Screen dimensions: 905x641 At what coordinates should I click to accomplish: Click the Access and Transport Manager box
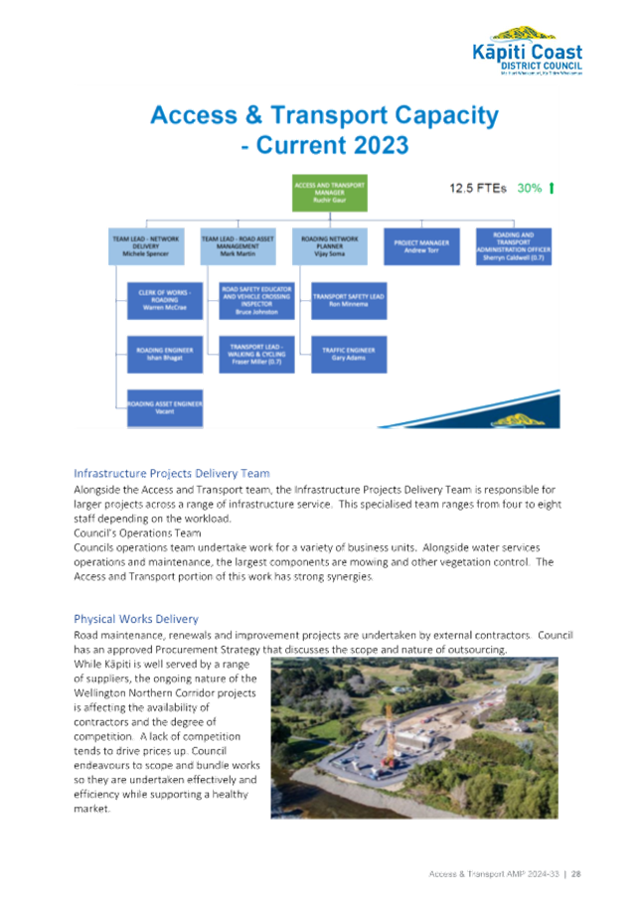tap(329, 193)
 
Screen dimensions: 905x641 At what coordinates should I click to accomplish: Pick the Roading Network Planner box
tap(329, 246)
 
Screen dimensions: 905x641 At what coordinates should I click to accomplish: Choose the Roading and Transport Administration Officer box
tap(509, 246)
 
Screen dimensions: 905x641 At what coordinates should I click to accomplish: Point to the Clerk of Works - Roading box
tap(165, 301)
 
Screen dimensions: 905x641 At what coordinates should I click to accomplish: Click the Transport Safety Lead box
tap(348, 301)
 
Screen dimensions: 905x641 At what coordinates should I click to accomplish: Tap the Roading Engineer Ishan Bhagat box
tap(165, 354)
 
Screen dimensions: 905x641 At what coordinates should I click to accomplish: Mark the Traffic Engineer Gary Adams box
tap(348, 354)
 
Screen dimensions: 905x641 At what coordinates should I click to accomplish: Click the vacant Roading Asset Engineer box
tap(165, 407)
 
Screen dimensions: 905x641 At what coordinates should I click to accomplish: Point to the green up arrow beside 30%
tap(552, 187)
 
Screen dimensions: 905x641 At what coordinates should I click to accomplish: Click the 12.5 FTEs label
tap(477, 187)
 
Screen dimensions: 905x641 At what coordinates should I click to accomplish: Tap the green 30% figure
tap(529, 187)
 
